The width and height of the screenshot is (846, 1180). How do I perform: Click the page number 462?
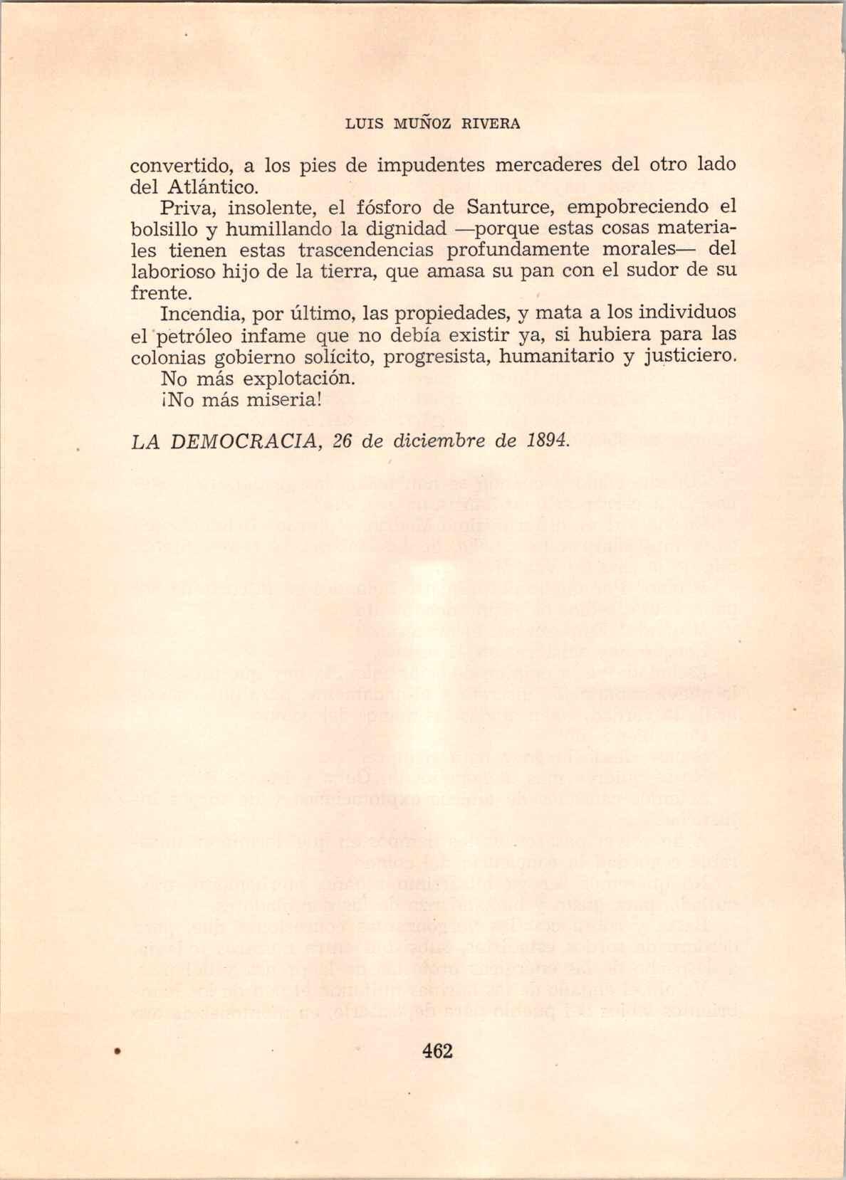click(437, 1050)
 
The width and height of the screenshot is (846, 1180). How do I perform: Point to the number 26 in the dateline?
click(343, 441)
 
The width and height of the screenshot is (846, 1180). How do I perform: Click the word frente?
click(161, 293)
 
